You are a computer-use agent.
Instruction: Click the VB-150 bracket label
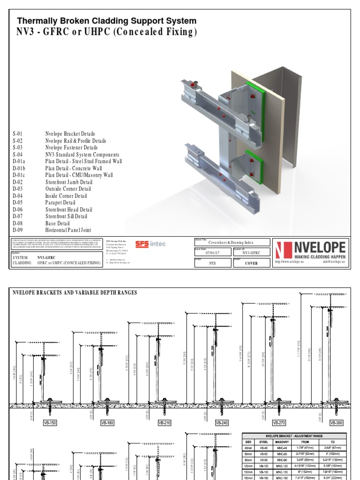(x=50, y=422)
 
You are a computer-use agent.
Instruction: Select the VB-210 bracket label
(x=165, y=422)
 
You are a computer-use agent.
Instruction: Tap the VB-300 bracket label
(x=337, y=422)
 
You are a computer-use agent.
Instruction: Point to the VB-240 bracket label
(x=222, y=422)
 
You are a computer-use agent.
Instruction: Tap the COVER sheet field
(x=251, y=263)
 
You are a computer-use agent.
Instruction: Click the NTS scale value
(x=212, y=263)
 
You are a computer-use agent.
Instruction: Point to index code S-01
(x=18, y=134)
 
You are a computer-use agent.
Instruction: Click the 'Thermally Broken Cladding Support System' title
(x=107, y=21)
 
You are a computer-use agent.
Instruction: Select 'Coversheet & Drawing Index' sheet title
(x=232, y=242)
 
